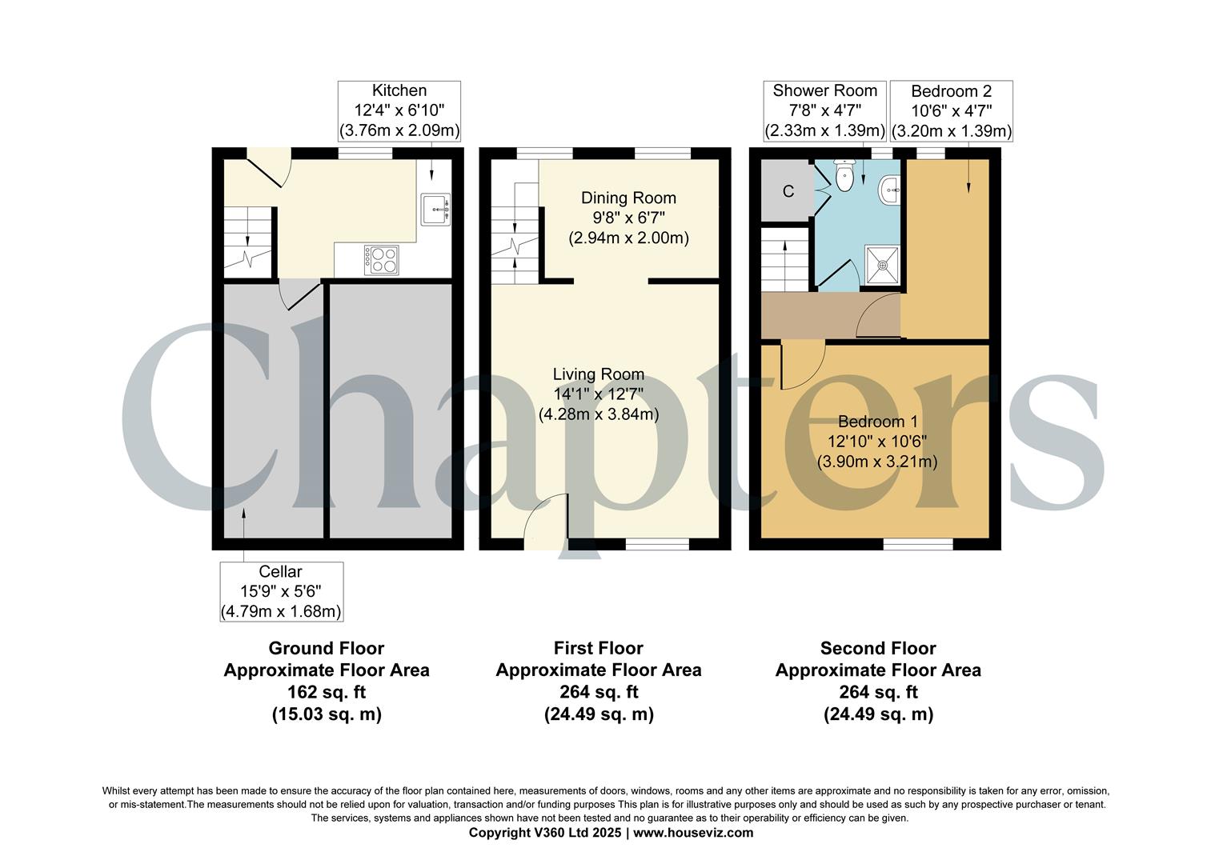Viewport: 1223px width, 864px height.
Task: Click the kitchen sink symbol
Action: [435, 209]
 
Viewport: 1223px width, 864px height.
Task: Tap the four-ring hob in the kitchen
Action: [382, 259]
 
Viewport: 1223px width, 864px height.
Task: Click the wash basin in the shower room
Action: [889, 190]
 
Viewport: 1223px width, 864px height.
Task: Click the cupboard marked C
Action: [787, 192]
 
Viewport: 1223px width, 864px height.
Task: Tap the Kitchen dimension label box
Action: [399, 110]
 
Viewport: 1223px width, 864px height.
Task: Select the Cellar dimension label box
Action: [281, 591]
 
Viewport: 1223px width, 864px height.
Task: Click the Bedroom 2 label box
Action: [951, 110]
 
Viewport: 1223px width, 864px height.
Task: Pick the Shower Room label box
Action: [824, 110]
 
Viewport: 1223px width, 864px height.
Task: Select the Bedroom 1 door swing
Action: [800, 365]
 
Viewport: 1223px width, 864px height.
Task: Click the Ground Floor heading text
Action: [326, 648]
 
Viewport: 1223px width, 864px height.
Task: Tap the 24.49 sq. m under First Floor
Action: [598, 714]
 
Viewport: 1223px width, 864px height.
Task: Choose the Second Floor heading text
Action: [877, 648]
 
